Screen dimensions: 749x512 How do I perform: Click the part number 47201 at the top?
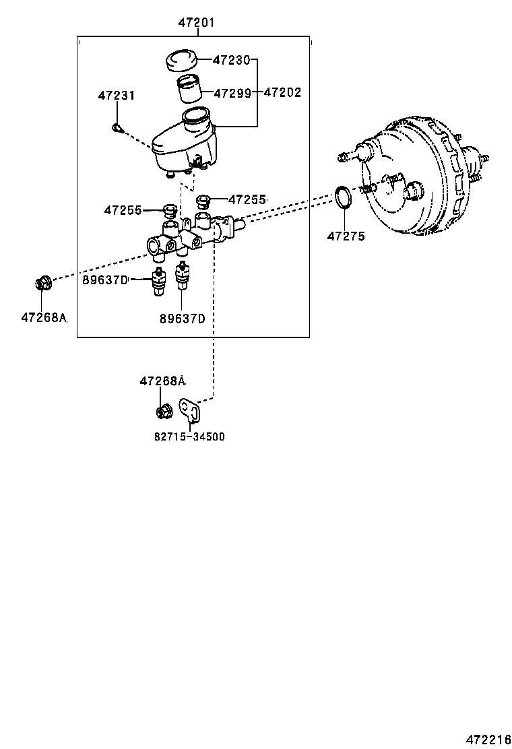click(196, 22)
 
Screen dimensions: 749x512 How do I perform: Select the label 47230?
click(231, 60)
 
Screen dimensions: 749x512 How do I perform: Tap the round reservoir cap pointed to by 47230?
click(181, 60)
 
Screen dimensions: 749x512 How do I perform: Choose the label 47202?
click(282, 92)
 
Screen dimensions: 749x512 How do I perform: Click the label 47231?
click(116, 96)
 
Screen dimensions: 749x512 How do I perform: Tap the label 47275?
click(346, 236)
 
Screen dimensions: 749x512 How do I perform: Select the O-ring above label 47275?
click(344, 198)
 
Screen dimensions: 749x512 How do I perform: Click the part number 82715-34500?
click(189, 436)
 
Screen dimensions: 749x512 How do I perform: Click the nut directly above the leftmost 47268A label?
click(42, 283)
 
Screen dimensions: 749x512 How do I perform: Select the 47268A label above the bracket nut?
click(162, 381)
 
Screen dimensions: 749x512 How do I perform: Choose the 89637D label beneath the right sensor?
click(182, 319)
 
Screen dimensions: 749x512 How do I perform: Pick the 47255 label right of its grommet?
click(247, 199)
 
